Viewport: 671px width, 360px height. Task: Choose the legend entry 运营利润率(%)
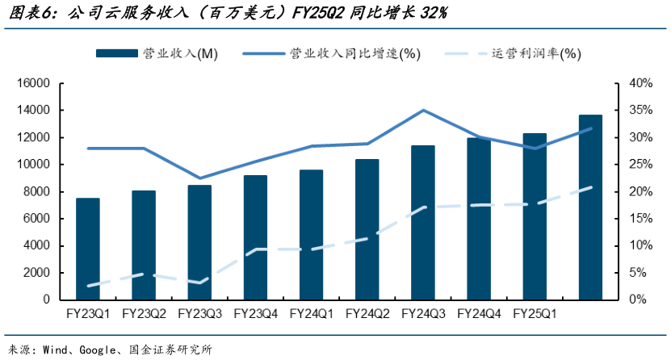coord(536,53)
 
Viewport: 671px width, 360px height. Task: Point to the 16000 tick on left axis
coord(33,83)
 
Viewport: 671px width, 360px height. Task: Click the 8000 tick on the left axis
coord(36,191)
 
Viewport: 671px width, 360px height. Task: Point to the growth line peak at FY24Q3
coord(423,111)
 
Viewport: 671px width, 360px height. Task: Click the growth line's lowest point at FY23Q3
coord(199,178)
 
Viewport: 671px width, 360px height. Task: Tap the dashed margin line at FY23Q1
coord(88,286)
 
